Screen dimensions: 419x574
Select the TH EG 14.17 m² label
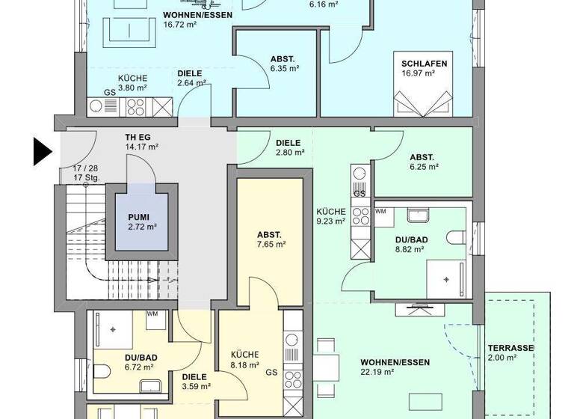point(141,142)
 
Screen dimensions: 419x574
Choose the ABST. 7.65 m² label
point(271,239)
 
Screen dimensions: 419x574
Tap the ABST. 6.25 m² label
point(422,162)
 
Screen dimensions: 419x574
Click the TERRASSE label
point(510,353)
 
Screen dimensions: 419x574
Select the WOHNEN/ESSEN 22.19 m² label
point(395,367)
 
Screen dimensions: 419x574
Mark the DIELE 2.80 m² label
point(288,147)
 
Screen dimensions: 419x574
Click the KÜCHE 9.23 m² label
point(330,215)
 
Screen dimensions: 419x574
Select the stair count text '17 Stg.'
point(87,178)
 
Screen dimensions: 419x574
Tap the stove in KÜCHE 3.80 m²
point(136,107)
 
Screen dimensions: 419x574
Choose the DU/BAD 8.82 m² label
point(410,244)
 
